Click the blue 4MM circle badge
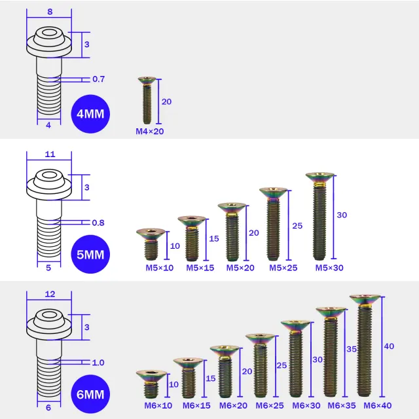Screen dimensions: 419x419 point(90,114)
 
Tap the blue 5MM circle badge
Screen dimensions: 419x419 point(90,254)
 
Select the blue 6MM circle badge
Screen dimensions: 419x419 point(90,394)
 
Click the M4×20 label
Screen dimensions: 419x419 point(150,132)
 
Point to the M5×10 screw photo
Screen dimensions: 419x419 point(151,244)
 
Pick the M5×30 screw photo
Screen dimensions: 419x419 point(319,216)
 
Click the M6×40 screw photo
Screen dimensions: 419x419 point(365,346)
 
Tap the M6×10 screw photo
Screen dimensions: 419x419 point(151,384)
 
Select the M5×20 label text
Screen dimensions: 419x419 point(240,268)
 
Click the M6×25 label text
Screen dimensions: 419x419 point(270,405)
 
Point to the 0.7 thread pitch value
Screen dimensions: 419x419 point(99,79)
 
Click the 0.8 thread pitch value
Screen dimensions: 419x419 point(98,223)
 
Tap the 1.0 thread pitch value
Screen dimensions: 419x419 point(98,363)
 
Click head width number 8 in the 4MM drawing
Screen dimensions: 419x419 point(50,12)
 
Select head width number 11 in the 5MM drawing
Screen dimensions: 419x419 point(50,155)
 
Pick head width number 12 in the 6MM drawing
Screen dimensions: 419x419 point(50,294)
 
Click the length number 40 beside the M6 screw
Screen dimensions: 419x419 point(389,346)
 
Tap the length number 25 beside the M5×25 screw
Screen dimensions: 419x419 point(297,226)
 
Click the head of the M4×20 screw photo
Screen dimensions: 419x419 point(147,80)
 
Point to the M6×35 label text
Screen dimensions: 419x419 point(342,405)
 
